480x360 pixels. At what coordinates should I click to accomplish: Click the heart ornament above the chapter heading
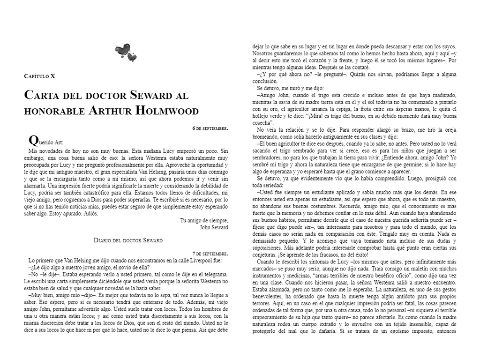point(126,52)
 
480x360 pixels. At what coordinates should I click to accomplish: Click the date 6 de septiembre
point(210,128)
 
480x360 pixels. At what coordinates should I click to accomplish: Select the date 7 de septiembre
point(210,253)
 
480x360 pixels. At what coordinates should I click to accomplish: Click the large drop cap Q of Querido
point(33,140)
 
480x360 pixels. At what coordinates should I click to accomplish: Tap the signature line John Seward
point(214,227)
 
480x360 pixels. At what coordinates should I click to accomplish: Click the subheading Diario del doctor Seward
point(128,240)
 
